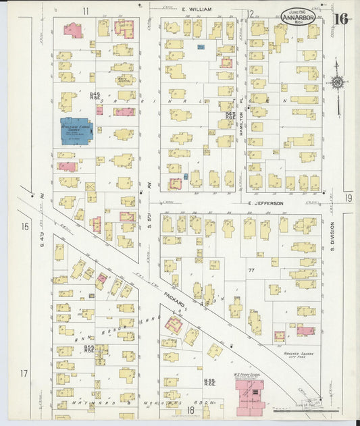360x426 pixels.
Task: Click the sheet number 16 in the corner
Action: pos(340,18)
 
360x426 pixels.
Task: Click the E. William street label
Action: pos(197,9)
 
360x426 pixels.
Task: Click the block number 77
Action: pos(251,270)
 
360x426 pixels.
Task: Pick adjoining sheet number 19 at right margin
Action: pos(347,198)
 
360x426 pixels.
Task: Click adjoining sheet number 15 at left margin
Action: pos(25,227)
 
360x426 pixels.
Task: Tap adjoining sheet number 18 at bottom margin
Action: pos(190,410)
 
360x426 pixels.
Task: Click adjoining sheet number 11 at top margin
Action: pos(86,11)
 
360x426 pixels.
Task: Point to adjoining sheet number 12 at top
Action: pos(249,14)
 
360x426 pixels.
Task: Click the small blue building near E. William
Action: pos(201,47)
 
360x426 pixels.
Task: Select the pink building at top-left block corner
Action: pos(73,30)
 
